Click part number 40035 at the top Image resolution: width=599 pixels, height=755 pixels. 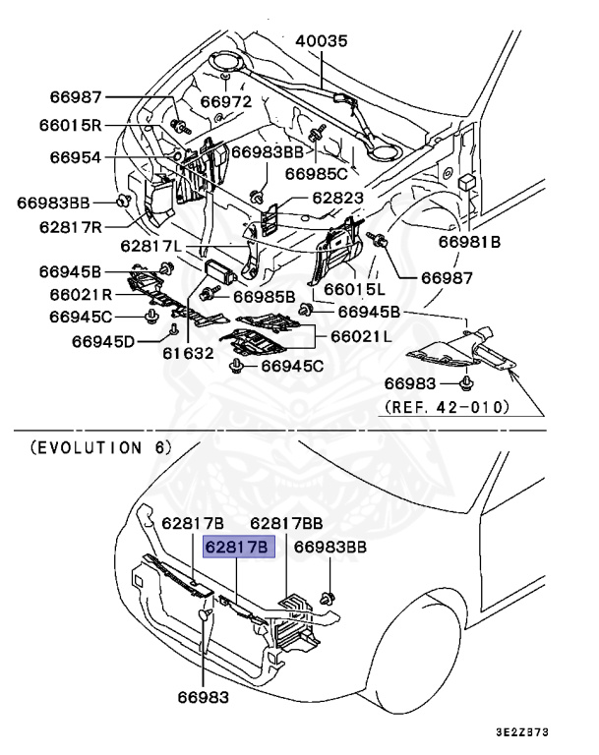click(322, 40)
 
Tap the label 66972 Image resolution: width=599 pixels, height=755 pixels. click(227, 101)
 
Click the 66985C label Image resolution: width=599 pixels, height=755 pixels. click(317, 174)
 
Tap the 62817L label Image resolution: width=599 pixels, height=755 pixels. click(153, 246)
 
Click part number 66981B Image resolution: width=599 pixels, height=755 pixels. click(469, 241)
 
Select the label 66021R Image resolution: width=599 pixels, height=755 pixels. click(72, 294)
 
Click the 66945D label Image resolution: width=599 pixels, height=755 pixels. click(105, 342)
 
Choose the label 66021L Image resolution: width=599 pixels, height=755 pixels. click(361, 336)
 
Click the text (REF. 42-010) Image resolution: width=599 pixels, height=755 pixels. click(447, 406)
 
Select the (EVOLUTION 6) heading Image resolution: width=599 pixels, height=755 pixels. click(101, 447)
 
